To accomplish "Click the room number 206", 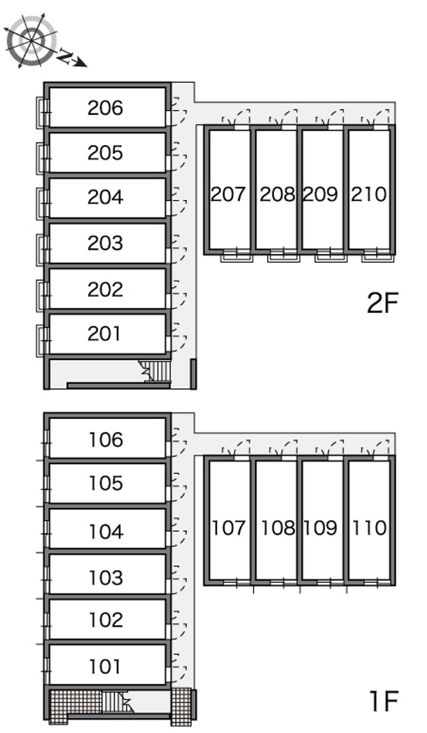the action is (x=105, y=108).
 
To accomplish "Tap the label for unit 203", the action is (x=105, y=243).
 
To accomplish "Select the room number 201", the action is (x=104, y=334).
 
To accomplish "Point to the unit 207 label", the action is (x=228, y=194).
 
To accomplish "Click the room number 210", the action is (x=368, y=194).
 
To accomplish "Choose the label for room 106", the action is (x=106, y=439).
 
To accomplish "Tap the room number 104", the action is (x=106, y=531).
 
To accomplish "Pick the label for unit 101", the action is (x=105, y=666).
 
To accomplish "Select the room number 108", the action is (x=278, y=528).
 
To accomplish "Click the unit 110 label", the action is (x=369, y=528).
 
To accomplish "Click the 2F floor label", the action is (x=383, y=303).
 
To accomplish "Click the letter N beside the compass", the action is (x=65, y=56).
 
